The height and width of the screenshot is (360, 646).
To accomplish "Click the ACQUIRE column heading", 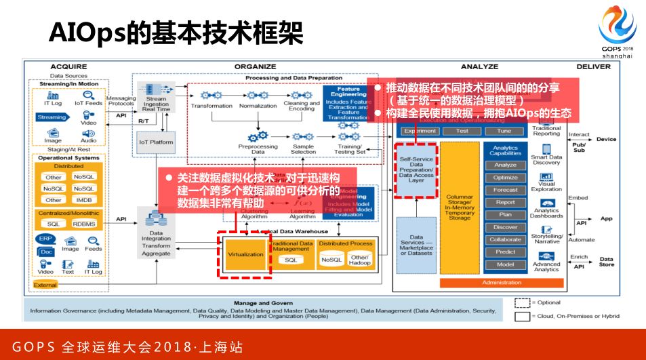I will click(69, 66).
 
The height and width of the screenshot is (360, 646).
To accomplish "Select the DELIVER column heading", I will click(593, 66).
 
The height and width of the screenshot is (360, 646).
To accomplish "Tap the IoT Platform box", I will click(155, 143).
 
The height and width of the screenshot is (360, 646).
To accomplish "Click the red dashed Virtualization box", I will click(244, 254).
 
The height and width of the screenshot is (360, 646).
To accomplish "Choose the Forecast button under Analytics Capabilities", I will click(505, 190).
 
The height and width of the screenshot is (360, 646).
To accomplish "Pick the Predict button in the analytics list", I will click(505, 252).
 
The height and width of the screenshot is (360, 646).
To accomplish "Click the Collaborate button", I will click(505, 239).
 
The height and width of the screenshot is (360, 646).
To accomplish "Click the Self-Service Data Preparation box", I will click(416, 169).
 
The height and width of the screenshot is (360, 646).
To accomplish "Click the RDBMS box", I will click(85, 223).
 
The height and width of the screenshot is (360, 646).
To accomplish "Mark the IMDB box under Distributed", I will click(85, 200).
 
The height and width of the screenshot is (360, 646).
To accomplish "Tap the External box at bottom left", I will click(45, 285).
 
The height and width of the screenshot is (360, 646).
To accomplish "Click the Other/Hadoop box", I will click(359, 259).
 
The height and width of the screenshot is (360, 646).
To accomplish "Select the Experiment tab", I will click(420, 131).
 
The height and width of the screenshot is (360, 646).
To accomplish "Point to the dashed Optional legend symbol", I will click(521, 302).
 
